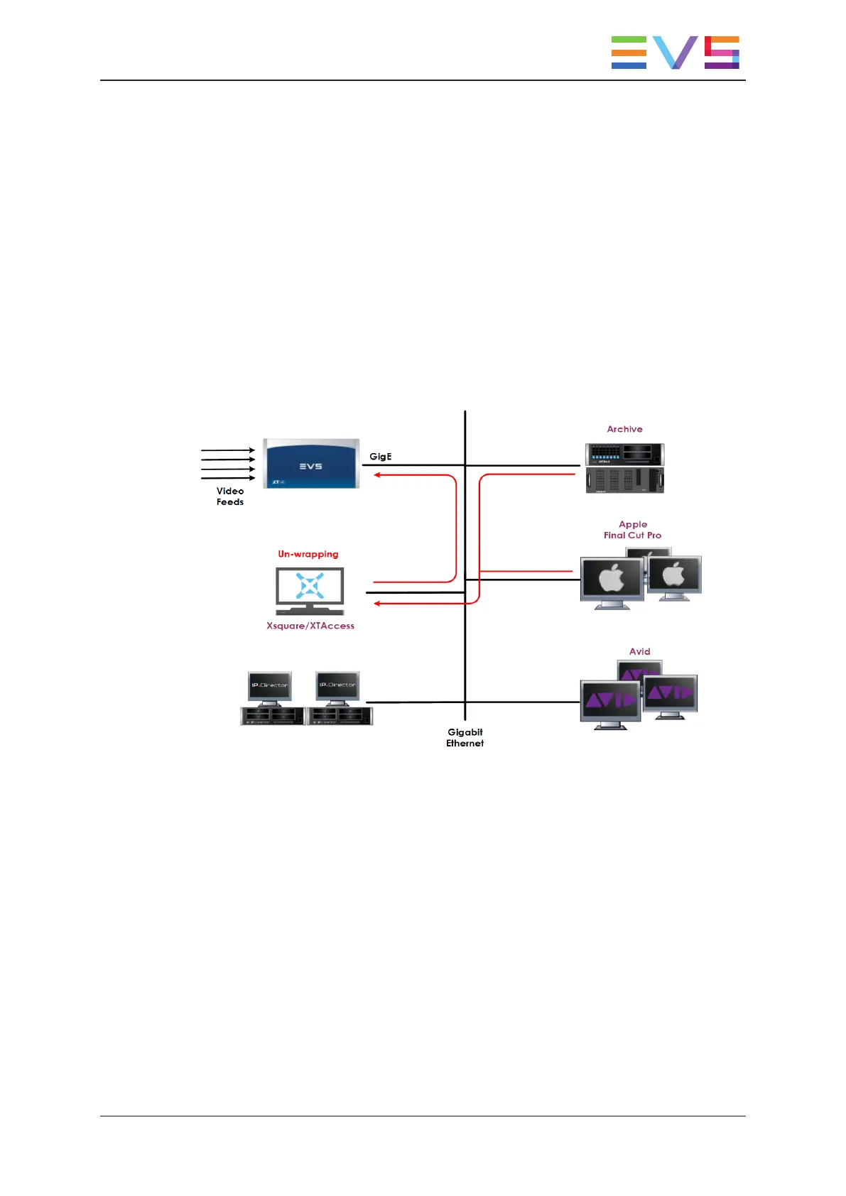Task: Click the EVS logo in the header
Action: coord(675,53)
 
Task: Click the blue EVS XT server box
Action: coord(311,464)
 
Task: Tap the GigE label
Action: coord(380,457)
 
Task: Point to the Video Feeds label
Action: coord(230,496)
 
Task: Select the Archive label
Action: coord(624,429)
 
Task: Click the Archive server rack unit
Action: coord(624,468)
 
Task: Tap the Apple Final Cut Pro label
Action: coord(632,530)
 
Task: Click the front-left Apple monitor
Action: coord(612,580)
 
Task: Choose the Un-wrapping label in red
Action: coord(308,554)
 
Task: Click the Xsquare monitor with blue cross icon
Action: coord(310,589)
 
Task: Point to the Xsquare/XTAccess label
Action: coord(310,626)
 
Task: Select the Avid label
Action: coord(639,651)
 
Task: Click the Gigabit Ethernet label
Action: coord(465,737)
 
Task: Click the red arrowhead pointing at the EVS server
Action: coord(378,474)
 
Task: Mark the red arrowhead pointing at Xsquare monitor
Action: coord(378,604)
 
